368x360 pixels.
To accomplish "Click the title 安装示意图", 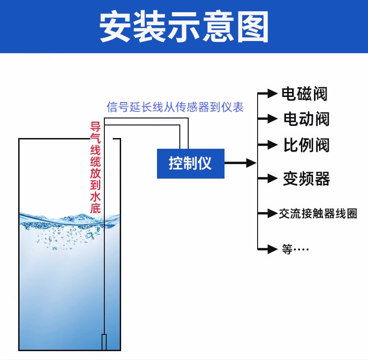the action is point(184,26).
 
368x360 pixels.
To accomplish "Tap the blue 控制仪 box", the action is point(191,164).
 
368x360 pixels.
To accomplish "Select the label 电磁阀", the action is point(304,94).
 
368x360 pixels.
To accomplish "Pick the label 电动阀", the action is point(306,119).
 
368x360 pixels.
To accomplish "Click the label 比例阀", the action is point(306,145).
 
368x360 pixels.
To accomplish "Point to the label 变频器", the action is point(306,179).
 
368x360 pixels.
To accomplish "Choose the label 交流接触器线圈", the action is point(318,214).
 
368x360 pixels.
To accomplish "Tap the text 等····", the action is point(295,249).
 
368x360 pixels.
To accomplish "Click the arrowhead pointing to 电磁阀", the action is point(272,94).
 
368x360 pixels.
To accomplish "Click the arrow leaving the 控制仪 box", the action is point(240,163).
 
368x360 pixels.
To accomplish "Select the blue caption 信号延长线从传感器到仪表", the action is point(175,107).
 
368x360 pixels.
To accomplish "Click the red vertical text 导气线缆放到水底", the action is point(95,167).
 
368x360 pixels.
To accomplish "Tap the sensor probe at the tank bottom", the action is point(104,342).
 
